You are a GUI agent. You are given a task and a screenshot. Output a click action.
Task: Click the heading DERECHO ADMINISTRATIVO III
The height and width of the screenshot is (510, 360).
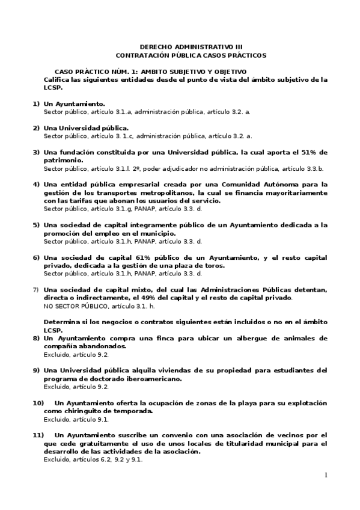pos(191,46)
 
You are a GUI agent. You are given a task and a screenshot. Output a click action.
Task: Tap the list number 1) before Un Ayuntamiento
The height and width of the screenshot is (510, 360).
pos(36,103)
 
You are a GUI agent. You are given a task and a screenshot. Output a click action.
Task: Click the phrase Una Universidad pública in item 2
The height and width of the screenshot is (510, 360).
pos(85,127)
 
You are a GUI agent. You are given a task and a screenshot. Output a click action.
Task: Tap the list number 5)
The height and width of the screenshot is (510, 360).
pos(36,225)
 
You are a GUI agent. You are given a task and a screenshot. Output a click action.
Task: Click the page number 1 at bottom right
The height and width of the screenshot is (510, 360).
pos(325,475)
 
